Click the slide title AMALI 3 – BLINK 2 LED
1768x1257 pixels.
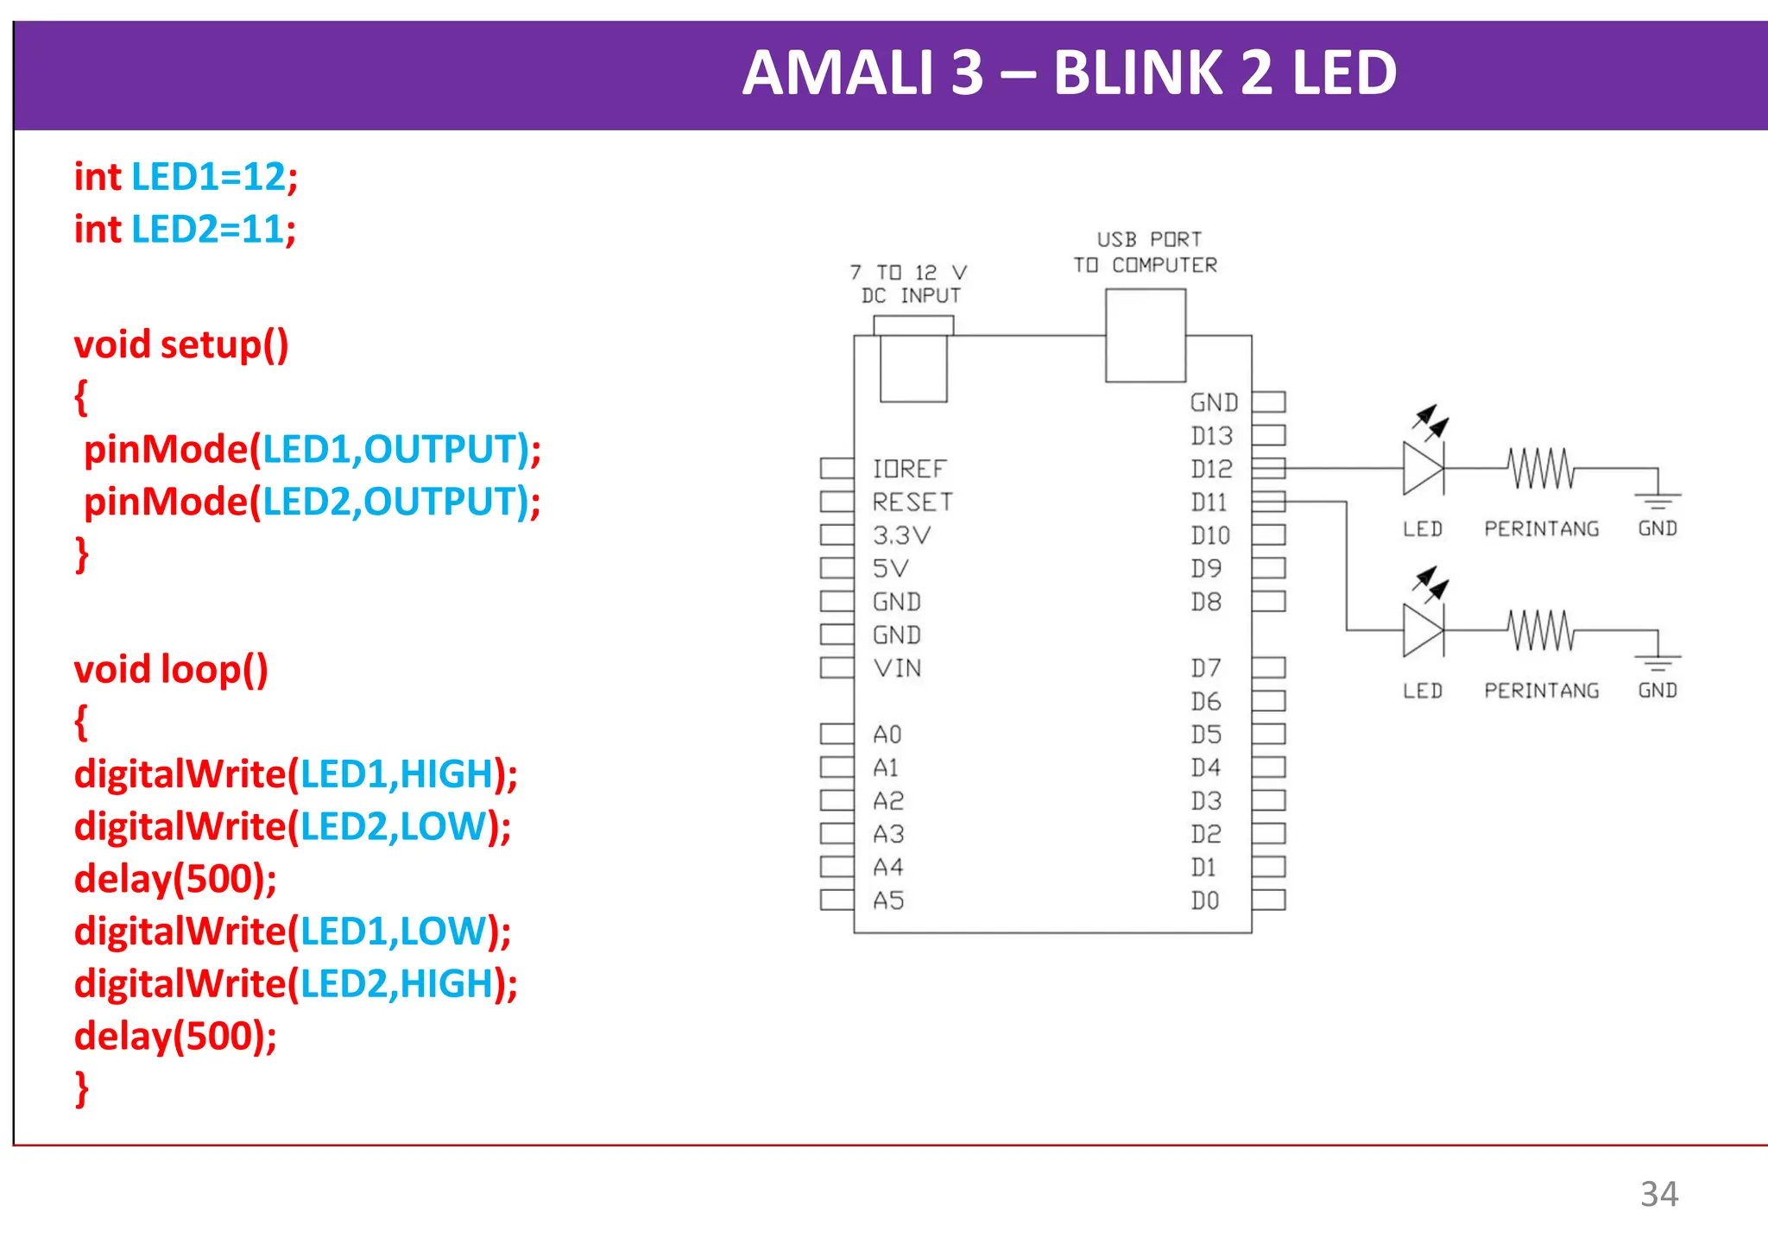pyautogui.click(x=1069, y=73)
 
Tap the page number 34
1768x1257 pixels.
pyautogui.click(x=1658, y=1194)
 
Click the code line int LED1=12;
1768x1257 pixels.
pyautogui.click(x=186, y=177)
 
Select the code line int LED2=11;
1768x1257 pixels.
pyautogui.click(x=185, y=230)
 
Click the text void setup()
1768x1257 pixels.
pyautogui.click(x=181, y=344)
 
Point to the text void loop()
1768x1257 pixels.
pyautogui.click(x=171, y=670)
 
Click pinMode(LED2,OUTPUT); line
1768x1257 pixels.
pyautogui.click(x=312, y=502)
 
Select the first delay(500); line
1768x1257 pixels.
pyautogui.click(x=175, y=879)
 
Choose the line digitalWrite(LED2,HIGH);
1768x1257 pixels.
pyautogui.click(x=295, y=984)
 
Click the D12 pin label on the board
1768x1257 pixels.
pyautogui.click(x=1211, y=469)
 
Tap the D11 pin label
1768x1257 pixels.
pyautogui.click(x=1209, y=502)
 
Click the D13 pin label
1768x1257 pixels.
pyautogui.click(x=1211, y=436)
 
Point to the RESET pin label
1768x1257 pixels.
pyautogui.click(x=912, y=502)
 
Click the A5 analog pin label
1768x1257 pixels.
pyautogui.click(x=888, y=900)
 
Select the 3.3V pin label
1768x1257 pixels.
pyautogui.click(x=901, y=535)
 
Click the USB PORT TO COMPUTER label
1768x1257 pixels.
pyautogui.click(x=1146, y=252)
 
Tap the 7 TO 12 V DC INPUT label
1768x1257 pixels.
pyautogui.click(x=909, y=284)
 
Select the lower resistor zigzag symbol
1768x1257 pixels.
pyautogui.click(x=1542, y=630)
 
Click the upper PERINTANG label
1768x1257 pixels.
pyautogui.click(x=1541, y=528)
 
